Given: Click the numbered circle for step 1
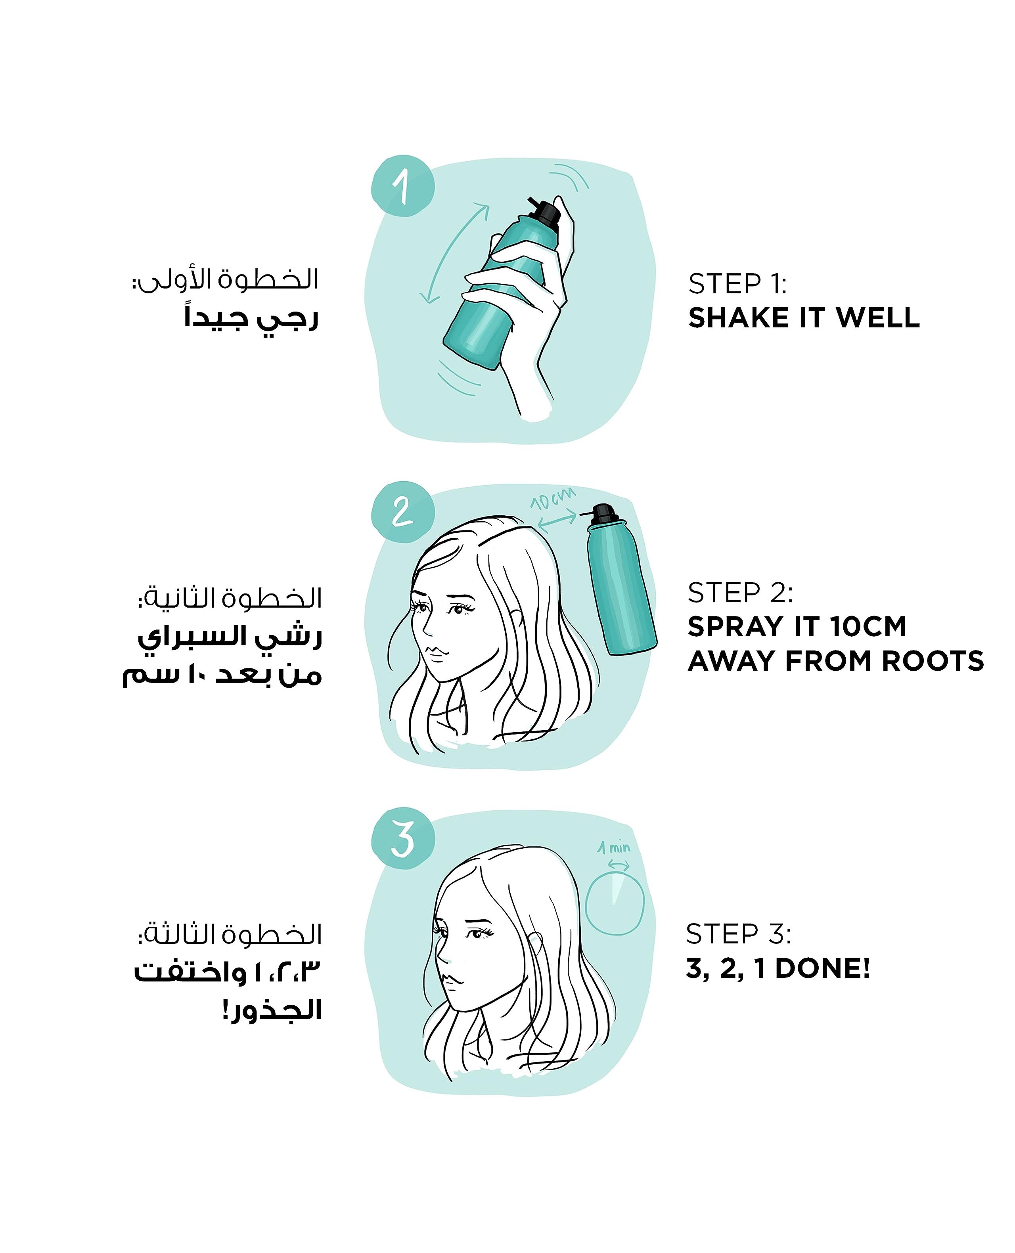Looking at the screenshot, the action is point(403,186).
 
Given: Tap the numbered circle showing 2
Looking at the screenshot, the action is point(403,512).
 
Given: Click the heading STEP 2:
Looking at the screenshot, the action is point(740,593).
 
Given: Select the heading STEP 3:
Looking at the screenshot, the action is point(738,934).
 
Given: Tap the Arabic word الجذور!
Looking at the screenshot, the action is point(272,1010).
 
